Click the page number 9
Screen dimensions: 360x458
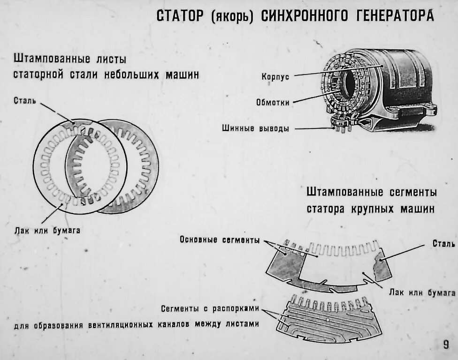click(x=445, y=345)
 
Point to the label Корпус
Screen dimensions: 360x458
click(x=275, y=77)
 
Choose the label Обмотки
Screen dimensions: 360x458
click(x=273, y=102)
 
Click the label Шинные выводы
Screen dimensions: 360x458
click(x=255, y=128)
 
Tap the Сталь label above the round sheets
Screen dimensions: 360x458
click(x=25, y=100)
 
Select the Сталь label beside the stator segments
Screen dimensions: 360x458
click(x=443, y=244)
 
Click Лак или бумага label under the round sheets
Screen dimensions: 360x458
click(x=47, y=230)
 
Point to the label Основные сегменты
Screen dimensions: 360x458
click(x=220, y=240)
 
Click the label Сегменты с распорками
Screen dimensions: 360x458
click(x=210, y=309)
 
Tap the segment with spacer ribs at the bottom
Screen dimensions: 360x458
click(x=328, y=319)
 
